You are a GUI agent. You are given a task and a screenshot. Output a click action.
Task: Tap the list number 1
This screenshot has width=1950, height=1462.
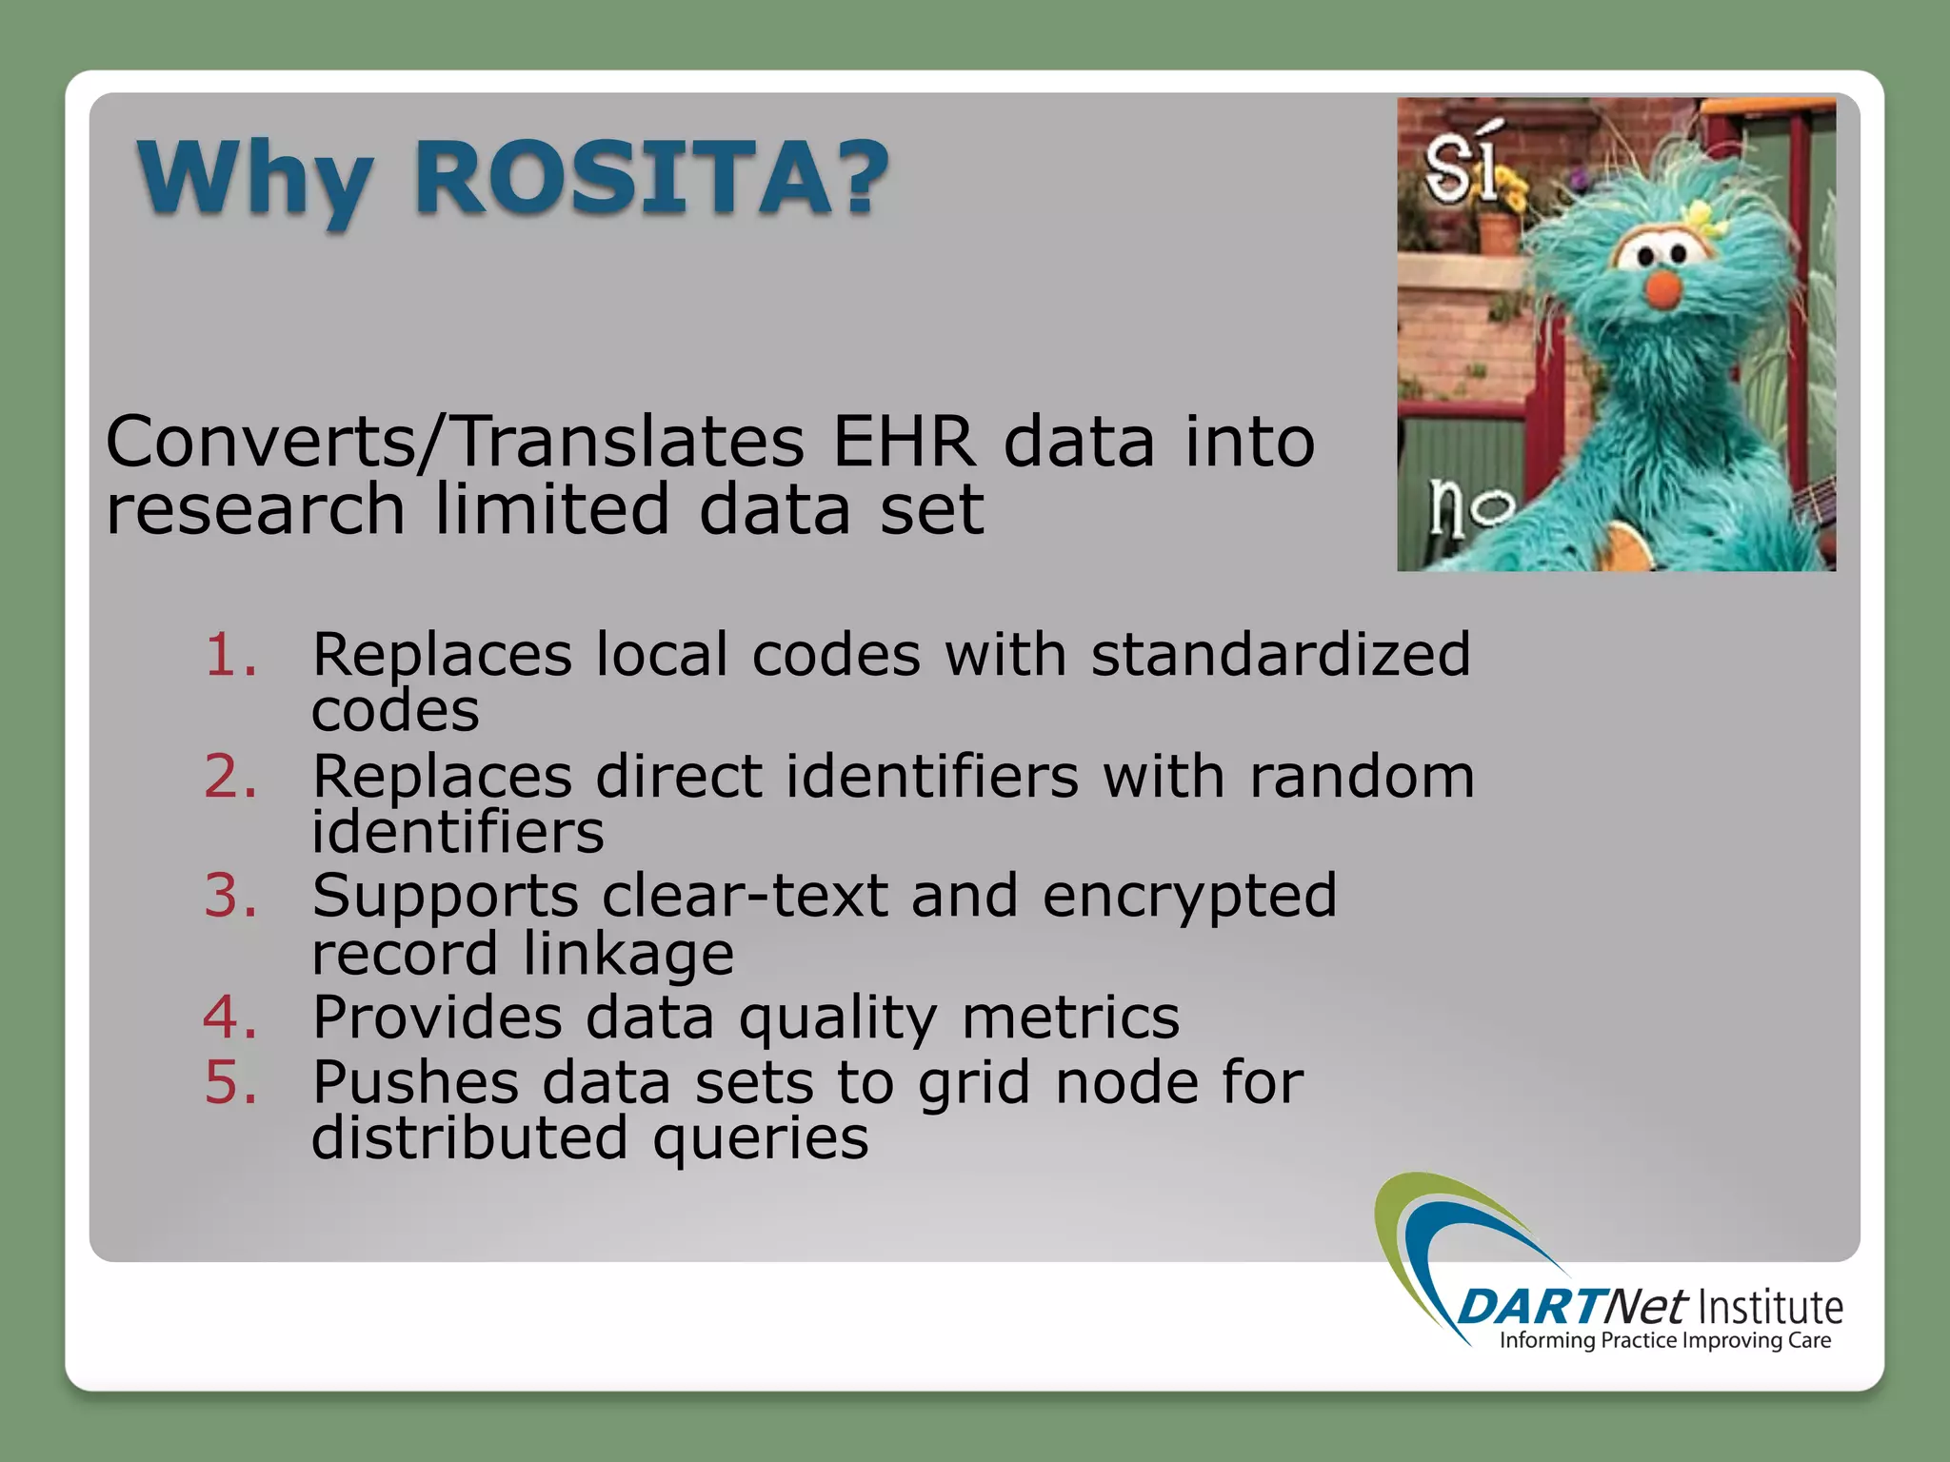coord(231,655)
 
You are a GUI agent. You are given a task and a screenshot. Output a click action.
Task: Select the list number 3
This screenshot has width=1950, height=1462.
coord(231,897)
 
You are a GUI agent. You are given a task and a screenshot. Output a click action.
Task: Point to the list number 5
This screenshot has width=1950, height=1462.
coord(231,1083)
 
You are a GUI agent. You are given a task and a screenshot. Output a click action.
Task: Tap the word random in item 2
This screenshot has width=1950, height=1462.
coord(1362,777)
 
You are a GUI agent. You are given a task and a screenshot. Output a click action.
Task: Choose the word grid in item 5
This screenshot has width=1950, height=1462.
coord(974,1085)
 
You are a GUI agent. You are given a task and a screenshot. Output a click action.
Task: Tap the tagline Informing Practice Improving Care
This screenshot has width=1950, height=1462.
coord(1665,1341)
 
